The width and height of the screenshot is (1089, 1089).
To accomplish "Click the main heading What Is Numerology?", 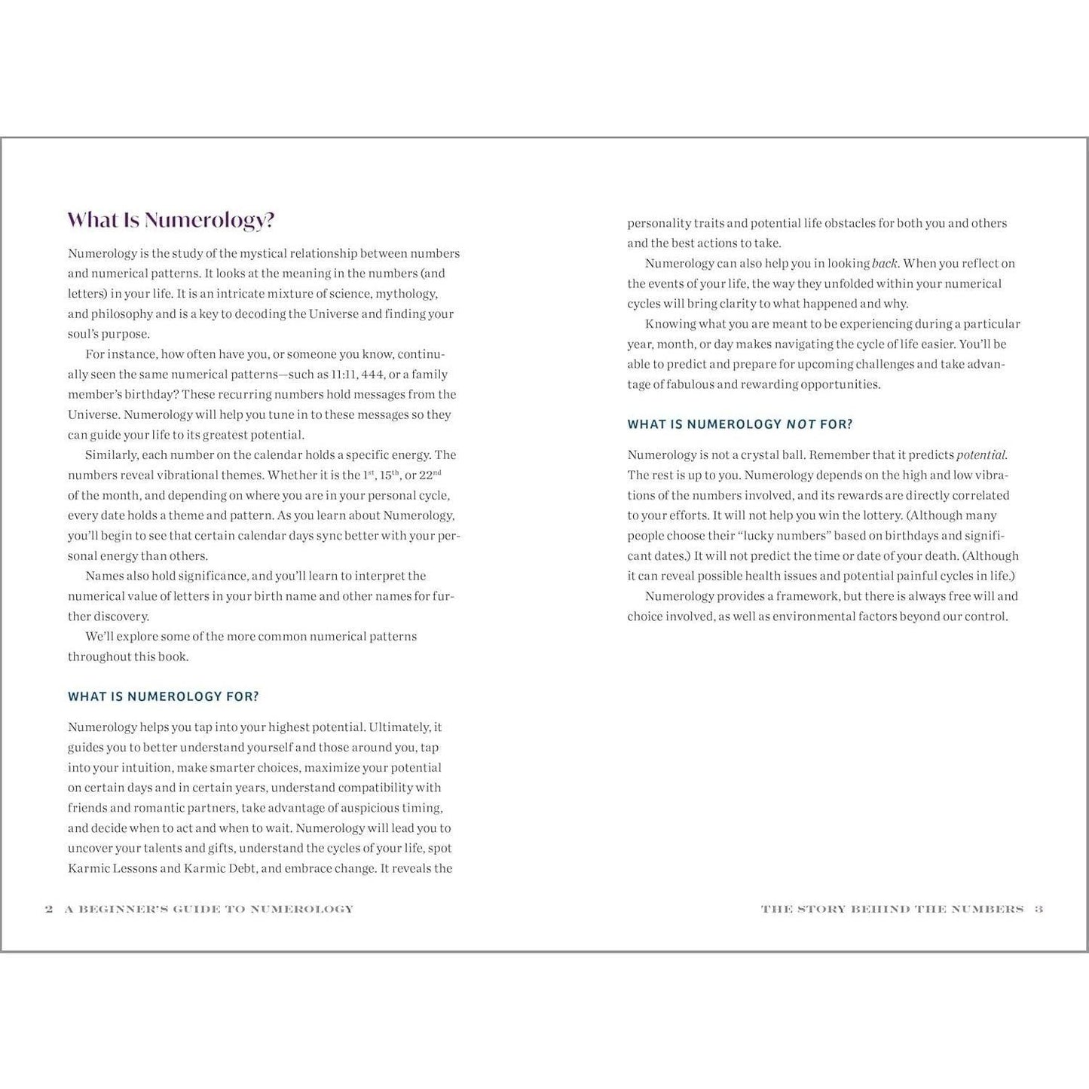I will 171,220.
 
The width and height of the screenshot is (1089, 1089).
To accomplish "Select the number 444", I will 373,375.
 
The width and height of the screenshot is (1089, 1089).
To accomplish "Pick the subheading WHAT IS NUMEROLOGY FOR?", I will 163,696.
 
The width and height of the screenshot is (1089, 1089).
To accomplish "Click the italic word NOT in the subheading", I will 801,424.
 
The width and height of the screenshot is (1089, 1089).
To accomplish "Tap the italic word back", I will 884,264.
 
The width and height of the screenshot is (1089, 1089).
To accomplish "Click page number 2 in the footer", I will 49,909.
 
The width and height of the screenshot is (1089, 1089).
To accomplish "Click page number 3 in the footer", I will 1039,909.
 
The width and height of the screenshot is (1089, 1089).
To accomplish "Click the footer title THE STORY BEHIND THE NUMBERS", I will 892,909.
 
